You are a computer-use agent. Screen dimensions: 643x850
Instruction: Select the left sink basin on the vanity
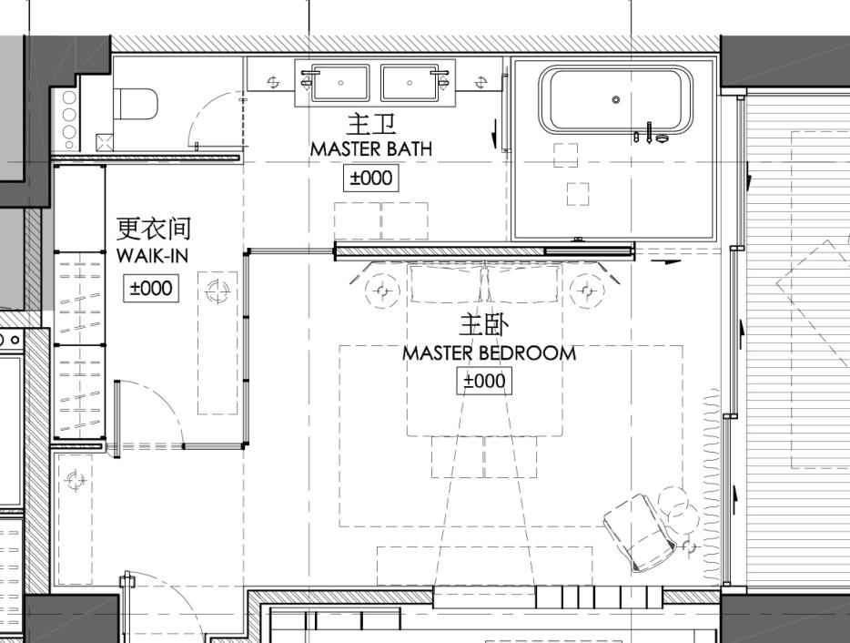(340, 82)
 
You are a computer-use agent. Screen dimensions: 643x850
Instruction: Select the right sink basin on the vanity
(410, 82)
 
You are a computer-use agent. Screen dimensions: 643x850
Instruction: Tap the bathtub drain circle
(616, 99)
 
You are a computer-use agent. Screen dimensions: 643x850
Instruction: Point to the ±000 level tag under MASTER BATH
(370, 178)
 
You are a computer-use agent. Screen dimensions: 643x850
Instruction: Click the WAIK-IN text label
(152, 256)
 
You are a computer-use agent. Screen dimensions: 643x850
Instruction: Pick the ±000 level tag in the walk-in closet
(150, 288)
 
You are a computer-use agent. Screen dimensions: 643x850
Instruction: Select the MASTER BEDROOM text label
(489, 352)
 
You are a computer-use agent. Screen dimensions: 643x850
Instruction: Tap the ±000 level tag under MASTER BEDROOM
(483, 381)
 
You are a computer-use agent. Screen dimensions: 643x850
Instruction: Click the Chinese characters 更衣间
(154, 229)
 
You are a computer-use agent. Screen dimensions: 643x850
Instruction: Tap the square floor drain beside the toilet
(106, 141)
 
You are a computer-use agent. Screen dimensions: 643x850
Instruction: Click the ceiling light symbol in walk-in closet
(218, 291)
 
